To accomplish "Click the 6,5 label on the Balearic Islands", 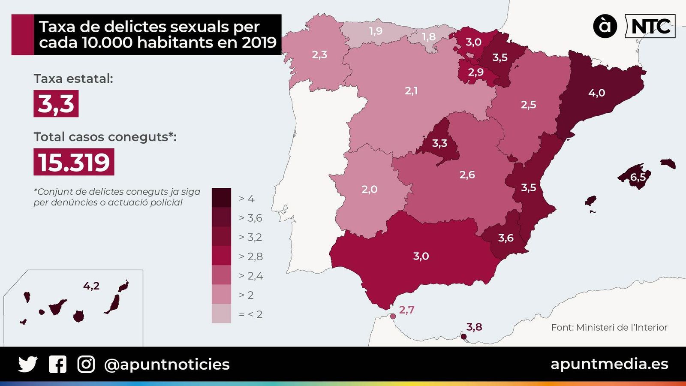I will (x=638, y=177).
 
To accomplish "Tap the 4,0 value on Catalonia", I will (x=596, y=93).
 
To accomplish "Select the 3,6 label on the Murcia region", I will (x=505, y=238).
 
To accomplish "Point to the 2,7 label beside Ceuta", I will (x=406, y=310).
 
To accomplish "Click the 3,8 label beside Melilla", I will (x=474, y=327).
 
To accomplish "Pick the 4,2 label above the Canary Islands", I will (x=91, y=286).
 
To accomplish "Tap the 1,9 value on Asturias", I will (x=376, y=31).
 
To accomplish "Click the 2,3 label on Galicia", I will (x=319, y=54).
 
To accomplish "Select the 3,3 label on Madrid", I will (x=439, y=143).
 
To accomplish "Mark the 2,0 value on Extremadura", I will (x=369, y=189).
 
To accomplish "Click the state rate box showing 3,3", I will (x=56, y=104).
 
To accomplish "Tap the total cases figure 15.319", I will (x=74, y=162).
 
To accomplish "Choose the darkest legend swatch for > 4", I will (x=221, y=198).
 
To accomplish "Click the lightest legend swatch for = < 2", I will (x=221, y=314).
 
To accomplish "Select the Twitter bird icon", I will (x=28, y=365).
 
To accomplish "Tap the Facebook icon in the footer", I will (x=57, y=365).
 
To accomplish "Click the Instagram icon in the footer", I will (x=86, y=365).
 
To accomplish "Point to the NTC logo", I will (x=650, y=27).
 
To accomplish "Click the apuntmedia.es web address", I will (x=609, y=364).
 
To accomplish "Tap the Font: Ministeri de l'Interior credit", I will (x=609, y=328).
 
